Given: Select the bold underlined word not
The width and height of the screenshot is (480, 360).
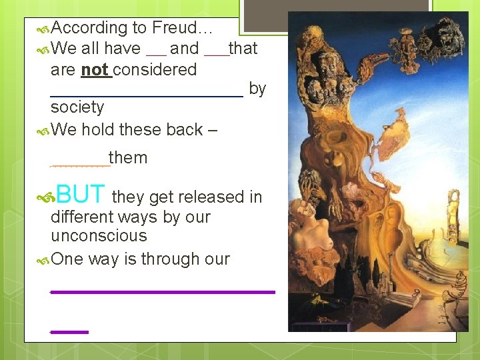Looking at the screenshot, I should (95, 69).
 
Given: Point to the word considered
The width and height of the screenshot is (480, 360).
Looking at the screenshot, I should (155, 69).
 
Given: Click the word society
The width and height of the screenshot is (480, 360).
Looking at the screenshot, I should (77, 107).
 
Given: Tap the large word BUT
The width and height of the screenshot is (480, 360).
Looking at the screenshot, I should (81, 194).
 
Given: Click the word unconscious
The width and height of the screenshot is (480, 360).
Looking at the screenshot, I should (99, 236).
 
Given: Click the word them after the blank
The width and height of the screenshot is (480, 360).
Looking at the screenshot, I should (128, 158).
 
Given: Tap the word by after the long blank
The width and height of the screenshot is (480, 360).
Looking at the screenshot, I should (257, 88).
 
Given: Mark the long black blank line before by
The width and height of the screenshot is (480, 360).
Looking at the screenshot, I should (147, 96).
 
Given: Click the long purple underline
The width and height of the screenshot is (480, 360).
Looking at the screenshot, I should (163, 292).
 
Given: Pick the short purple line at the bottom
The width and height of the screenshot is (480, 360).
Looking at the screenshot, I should (69, 331).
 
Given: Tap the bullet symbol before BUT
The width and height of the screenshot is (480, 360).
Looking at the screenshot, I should (46, 196).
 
